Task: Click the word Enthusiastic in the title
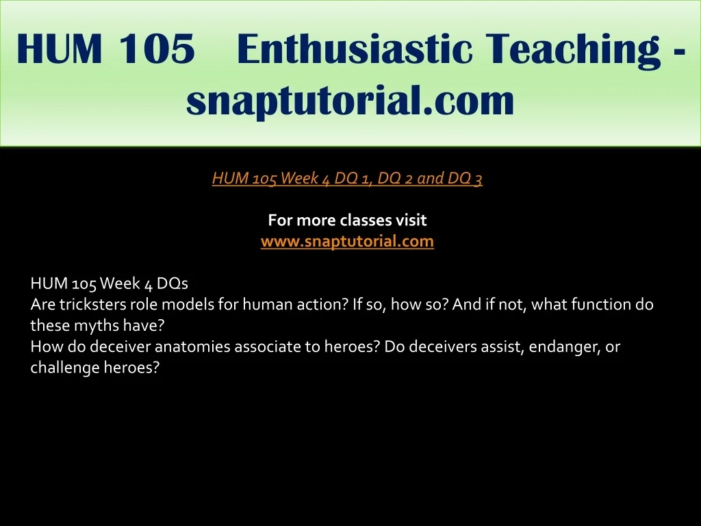click(355, 49)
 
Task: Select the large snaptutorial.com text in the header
click(350, 101)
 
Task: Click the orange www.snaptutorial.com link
click(347, 242)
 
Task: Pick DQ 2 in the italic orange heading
click(395, 179)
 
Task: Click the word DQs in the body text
click(173, 284)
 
